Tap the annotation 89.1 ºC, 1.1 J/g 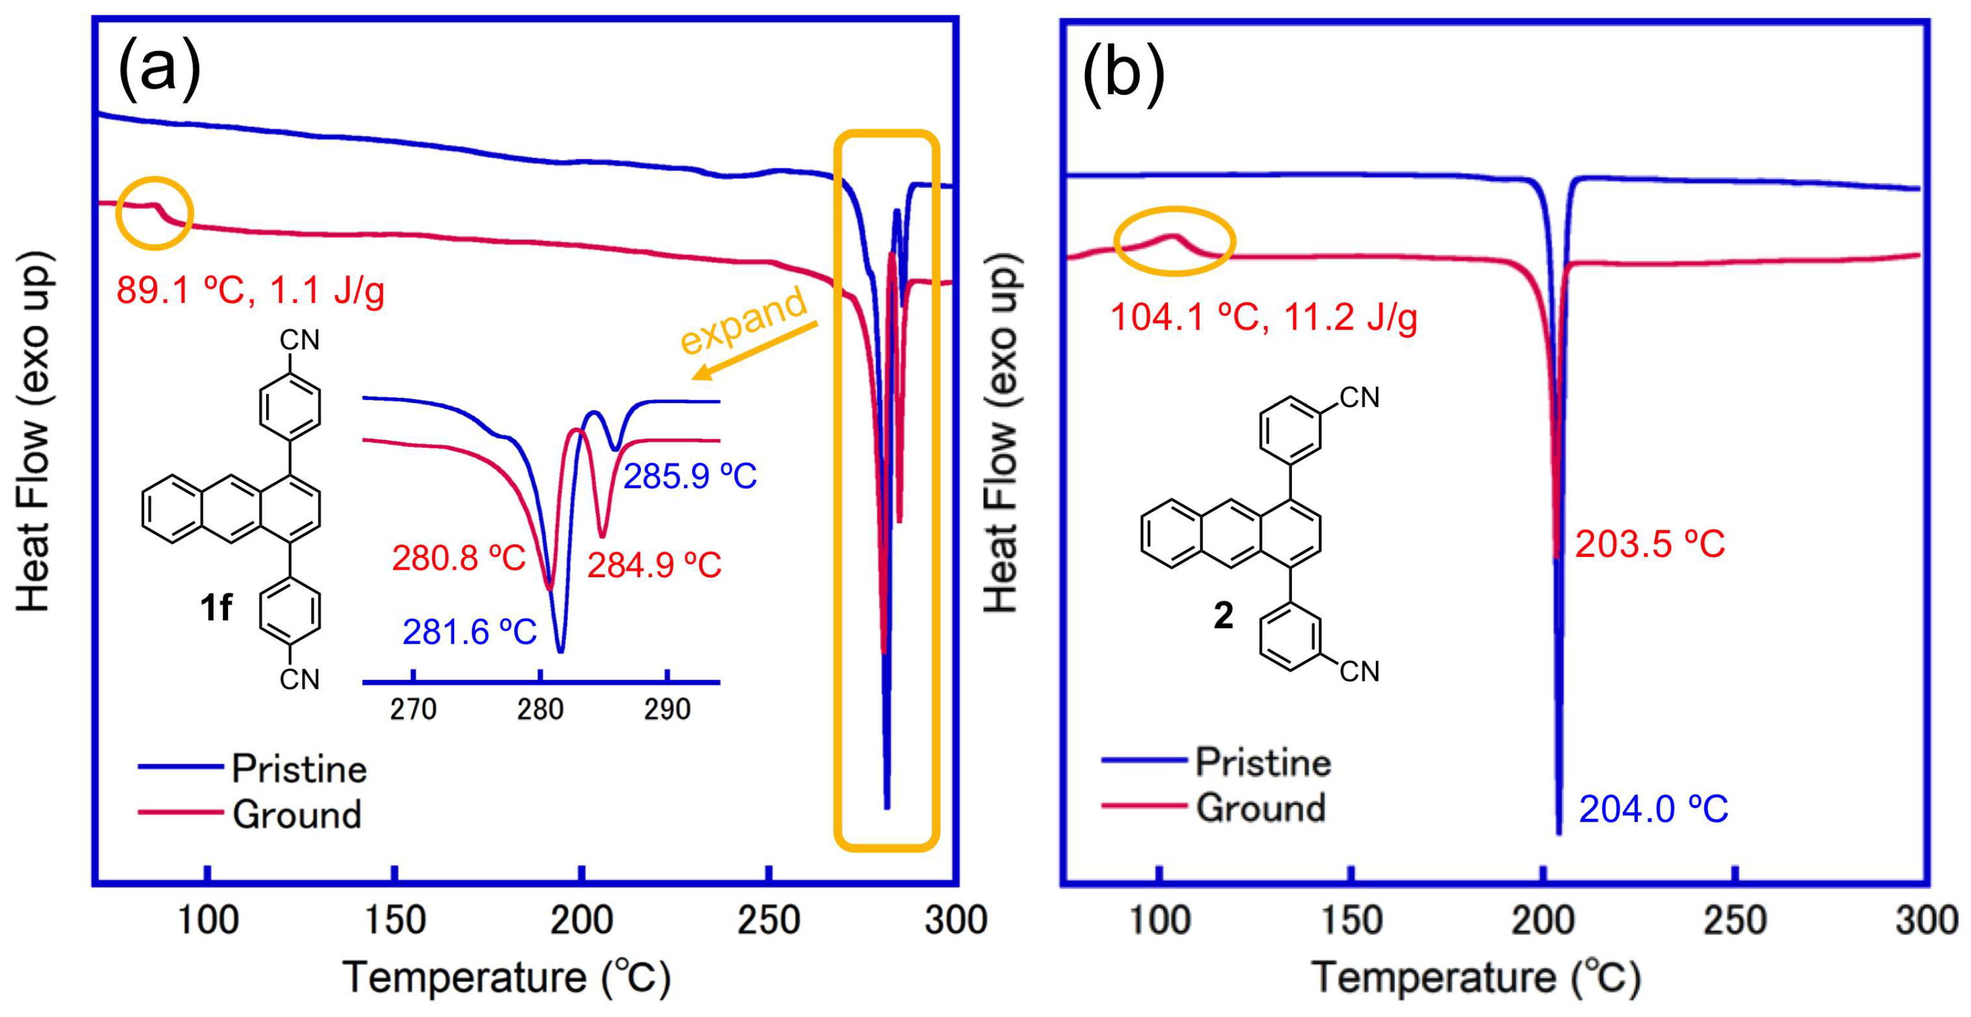click(250, 291)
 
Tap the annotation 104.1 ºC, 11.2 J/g click(1263, 317)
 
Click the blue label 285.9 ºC click(690, 477)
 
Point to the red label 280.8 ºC click(459, 559)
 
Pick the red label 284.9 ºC click(654, 566)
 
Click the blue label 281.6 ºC click(469, 633)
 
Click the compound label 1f click(216, 609)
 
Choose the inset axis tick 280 click(540, 710)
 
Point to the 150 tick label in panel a click(394, 920)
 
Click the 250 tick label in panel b click(1734, 920)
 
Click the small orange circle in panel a click(155, 213)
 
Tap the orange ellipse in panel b click(1174, 241)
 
